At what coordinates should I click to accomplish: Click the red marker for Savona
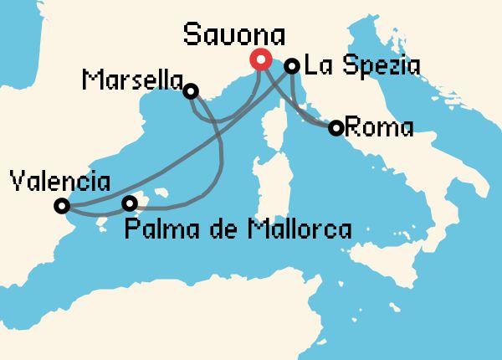point(259,60)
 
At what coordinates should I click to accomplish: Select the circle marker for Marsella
point(192,90)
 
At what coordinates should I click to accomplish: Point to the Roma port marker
point(336,128)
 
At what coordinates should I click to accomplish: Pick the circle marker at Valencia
point(61,205)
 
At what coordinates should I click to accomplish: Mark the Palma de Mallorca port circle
point(130,203)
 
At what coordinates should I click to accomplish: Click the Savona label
point(234,36)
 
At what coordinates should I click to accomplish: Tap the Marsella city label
point(133,80)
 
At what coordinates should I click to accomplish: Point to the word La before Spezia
point(316,65)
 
